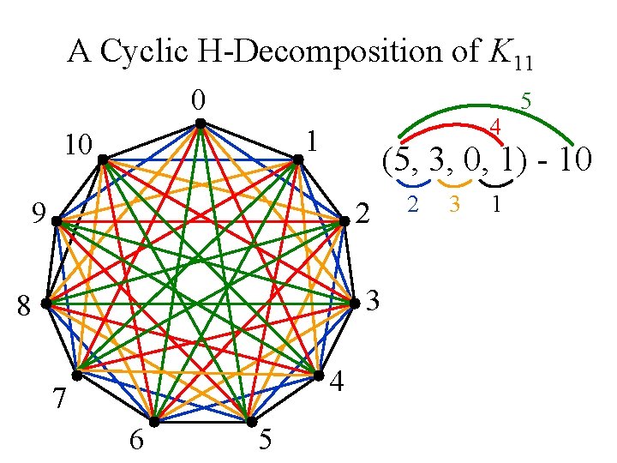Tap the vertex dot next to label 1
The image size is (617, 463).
(297, 159)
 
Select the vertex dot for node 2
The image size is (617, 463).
(344, 220)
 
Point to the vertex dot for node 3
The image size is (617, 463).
(354, 304)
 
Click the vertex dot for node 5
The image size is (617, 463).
(251, 423)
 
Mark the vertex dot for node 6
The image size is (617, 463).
(154, 422)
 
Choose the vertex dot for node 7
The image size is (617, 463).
(76, 376)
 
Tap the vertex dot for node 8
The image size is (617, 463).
(45, 304)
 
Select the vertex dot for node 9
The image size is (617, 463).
(56, 220)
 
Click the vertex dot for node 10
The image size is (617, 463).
(101, 159)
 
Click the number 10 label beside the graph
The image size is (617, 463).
(79, 146)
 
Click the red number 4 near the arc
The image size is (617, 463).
(494, 129)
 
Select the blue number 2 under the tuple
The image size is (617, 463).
(413, 206)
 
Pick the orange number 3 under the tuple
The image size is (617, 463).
(454, 206)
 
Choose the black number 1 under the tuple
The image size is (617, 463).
(495, 206)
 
